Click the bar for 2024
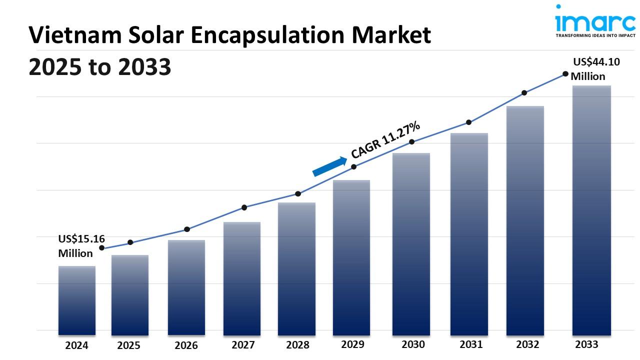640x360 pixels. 76,300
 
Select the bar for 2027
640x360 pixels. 242,278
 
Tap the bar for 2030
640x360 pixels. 411,243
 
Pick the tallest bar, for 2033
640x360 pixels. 591,210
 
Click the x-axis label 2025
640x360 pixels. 129,345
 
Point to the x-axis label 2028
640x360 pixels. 297,345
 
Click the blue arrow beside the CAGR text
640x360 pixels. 329,166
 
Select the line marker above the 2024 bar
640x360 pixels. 102,247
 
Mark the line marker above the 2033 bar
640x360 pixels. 565,73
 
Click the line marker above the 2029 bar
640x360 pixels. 353,166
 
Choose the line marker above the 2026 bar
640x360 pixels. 187,229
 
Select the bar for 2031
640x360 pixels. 469,233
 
